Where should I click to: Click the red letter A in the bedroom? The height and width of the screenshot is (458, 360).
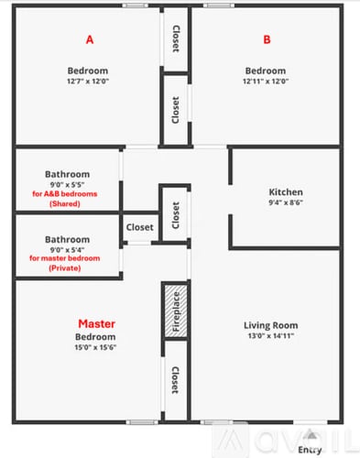89,39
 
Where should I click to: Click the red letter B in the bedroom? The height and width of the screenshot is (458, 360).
267,39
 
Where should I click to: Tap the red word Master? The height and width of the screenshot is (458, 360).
96,323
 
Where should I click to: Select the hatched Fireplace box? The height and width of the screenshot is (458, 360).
175,311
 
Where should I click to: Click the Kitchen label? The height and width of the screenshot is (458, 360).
285,192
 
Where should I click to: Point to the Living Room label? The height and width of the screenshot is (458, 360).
270,325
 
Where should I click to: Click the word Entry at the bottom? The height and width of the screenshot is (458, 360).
311,449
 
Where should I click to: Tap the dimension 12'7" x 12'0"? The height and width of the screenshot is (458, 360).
88,82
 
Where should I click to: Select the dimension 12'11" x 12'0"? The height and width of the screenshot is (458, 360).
267,82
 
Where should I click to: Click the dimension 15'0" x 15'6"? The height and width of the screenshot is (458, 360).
96,347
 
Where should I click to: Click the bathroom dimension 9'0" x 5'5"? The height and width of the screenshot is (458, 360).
67,184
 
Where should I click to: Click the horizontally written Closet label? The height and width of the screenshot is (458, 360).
139,227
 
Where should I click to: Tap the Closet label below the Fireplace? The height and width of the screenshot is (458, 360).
175,383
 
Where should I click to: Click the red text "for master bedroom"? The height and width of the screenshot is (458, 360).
67,258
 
